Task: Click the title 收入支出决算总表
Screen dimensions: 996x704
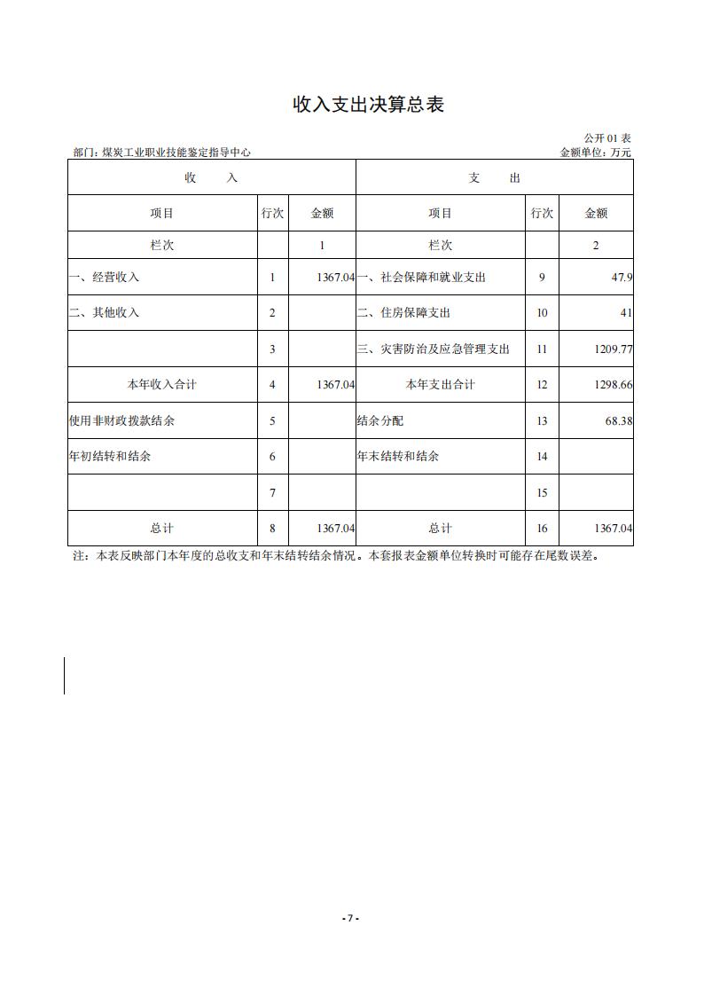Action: point(368,105)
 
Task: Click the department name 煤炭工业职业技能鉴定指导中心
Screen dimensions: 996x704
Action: point(176,153)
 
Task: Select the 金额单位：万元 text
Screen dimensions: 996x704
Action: point(596,153)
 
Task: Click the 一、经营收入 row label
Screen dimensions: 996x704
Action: point(105,278)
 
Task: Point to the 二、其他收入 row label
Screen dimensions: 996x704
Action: point(105,313)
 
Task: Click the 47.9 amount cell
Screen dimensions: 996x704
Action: point(622,278)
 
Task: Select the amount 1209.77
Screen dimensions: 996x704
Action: point(614,349)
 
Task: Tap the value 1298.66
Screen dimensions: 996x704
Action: point(614,385)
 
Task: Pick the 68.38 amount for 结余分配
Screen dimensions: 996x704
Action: point(619,421)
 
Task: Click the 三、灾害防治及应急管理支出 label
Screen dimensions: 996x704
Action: point(434,349)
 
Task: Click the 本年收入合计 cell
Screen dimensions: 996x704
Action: point(162,385)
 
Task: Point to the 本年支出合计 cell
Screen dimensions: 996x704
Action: point(441,385)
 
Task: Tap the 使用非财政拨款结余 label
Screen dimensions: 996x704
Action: point(121,421)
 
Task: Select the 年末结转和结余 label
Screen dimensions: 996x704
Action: point(398,457)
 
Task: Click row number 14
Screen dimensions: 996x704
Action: point(542,457)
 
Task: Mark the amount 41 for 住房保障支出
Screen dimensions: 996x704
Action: point(626,313)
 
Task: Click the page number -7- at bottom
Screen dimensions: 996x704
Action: point(351,918)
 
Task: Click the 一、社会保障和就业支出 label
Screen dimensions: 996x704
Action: point(421,278)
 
